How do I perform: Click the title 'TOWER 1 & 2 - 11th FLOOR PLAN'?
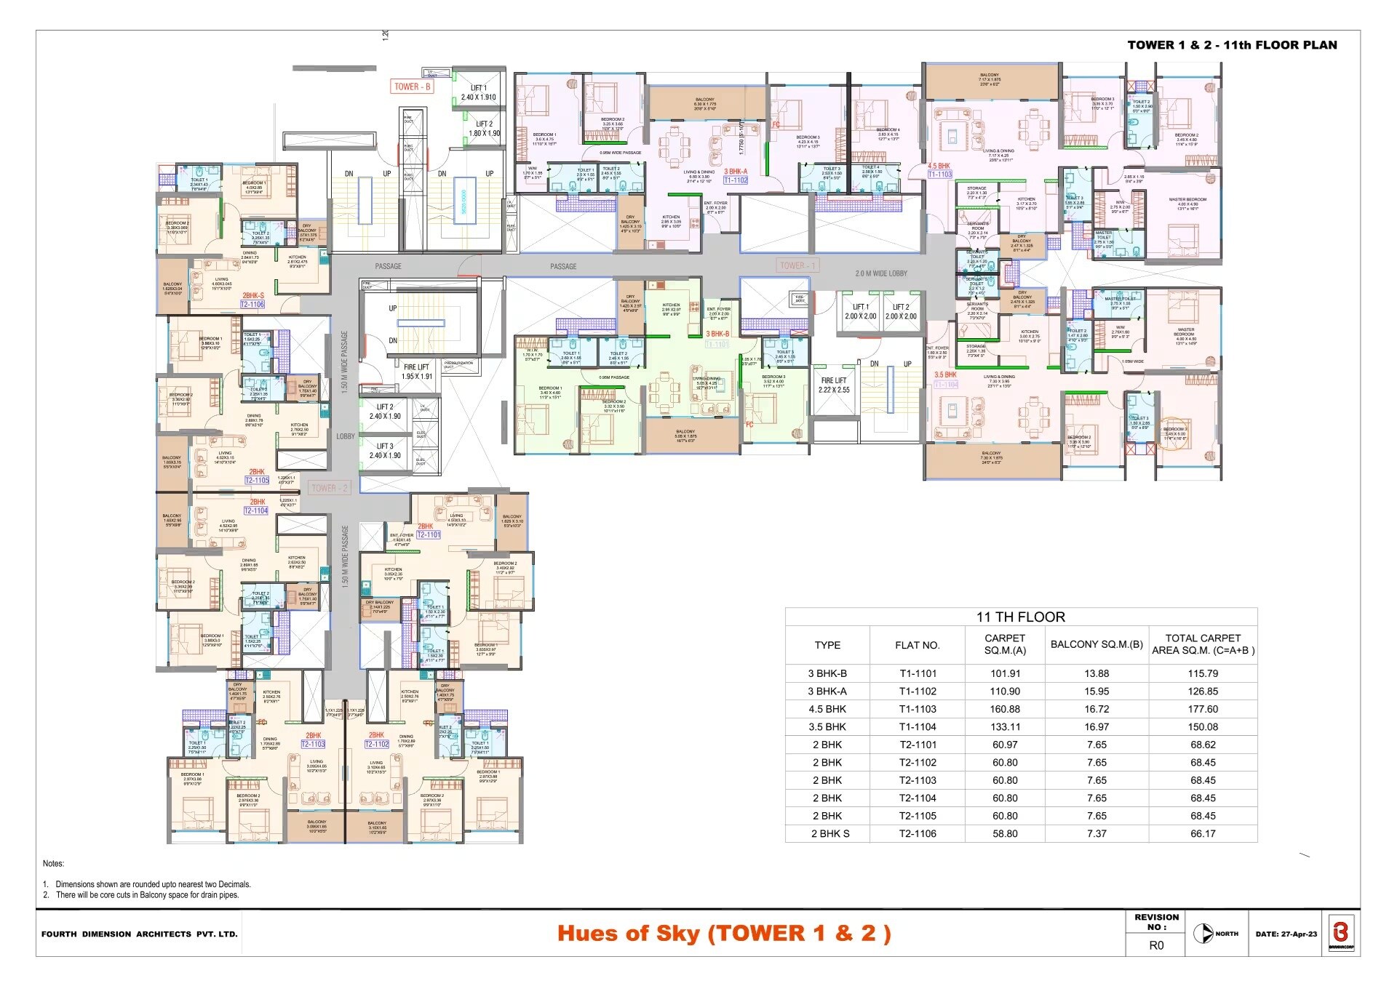click(x=1232, y=45)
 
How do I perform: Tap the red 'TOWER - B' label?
click(x=412, y=87)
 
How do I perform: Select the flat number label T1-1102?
click(x=736, y=180)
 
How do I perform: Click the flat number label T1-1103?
click(x=939, y=175)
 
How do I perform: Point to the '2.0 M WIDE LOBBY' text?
click(x=880, y=273)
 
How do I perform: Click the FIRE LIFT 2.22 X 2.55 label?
click(x=834, y=385)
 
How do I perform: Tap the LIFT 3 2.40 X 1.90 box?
click(x=385, y=451)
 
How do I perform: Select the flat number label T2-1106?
click(x=252, y=305)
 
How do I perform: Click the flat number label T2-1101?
click(x=429, y=534)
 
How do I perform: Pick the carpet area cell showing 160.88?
click(x=1005, y=709)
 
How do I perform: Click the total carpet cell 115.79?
click(x=1203, y=673)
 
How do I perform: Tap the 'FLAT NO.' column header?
click(x=917, y=645)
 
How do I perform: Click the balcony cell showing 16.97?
click(x=1096, y=726)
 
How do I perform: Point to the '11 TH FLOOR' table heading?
click(x=1020, y=617)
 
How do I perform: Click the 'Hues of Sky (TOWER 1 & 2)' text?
click(x=724, y=934)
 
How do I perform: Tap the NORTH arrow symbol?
click(x=1203, y=934)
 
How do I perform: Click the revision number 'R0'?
click(x=1156, y=945)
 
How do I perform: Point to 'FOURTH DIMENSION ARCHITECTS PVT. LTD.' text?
click(x=140, y=934)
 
